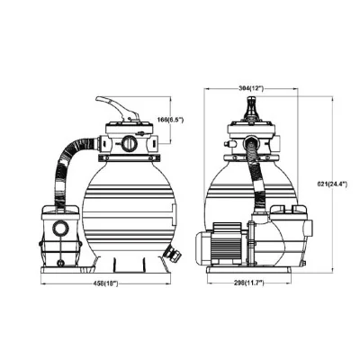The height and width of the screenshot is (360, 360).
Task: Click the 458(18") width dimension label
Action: tap(105, 283)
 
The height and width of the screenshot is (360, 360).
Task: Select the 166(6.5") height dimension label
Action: tap(170, 120)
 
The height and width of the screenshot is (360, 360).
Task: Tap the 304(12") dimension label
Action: tap(250, 88)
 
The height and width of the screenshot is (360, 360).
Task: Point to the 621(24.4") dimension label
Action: tap(332, 184)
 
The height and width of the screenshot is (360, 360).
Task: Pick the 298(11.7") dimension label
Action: tap(249, 283)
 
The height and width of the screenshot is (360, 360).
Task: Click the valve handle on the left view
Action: tap(118, 109)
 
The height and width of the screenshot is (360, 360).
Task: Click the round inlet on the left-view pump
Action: tap(61, 228)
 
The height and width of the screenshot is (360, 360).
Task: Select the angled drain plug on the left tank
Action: tap(172, 251)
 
